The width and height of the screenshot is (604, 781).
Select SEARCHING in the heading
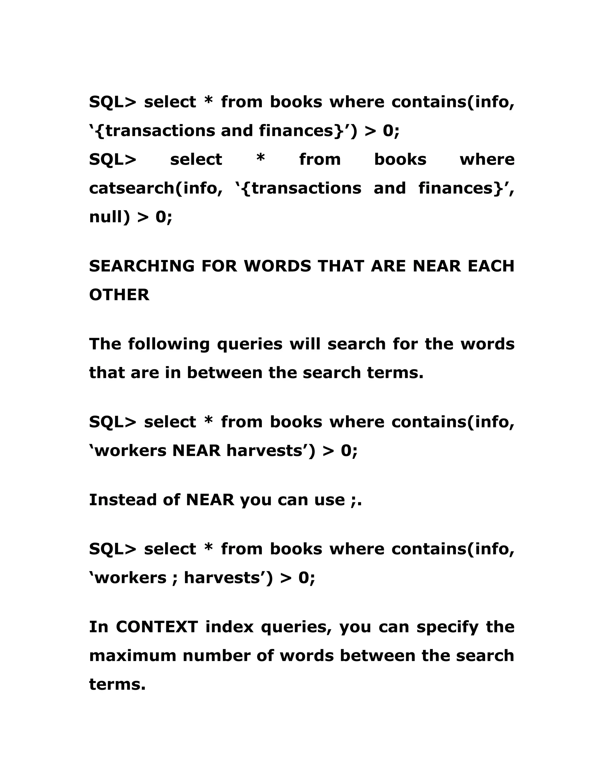142,266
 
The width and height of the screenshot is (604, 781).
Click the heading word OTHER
119,295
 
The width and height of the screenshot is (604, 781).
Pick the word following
168,344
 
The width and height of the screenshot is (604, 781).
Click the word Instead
122,500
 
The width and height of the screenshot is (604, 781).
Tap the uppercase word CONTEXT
157,627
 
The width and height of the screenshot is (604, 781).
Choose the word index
229,627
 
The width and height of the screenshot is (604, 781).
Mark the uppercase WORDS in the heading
277,266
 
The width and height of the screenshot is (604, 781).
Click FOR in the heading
219,266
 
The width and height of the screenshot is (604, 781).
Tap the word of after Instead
171,500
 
